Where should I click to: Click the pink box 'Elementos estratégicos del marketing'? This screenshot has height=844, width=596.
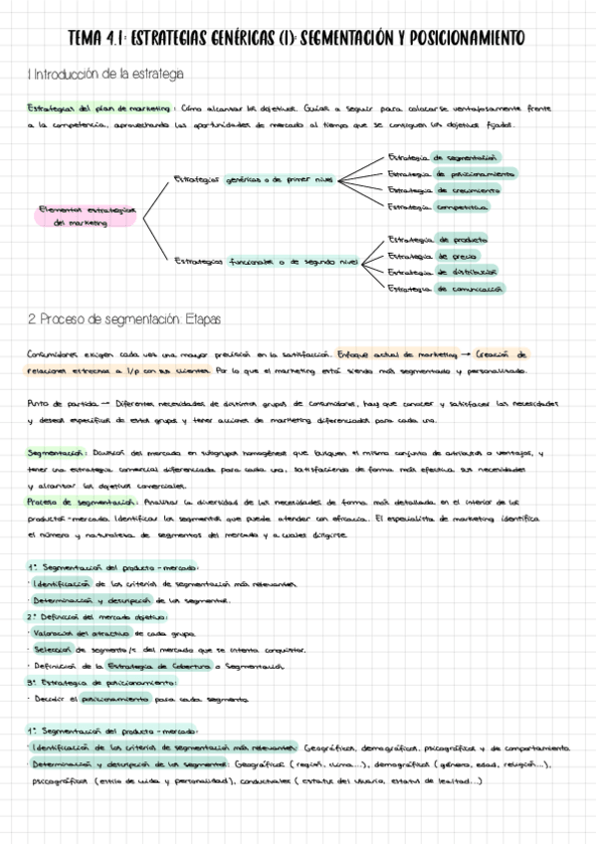pos(85,216)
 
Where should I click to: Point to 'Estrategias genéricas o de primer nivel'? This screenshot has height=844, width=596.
pos(254,180)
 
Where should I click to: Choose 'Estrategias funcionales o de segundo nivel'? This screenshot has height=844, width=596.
pos(265,262)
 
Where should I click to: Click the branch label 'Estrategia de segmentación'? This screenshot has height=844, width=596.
pos(443,157)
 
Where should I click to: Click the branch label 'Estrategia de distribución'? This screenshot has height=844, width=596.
pos(442,272)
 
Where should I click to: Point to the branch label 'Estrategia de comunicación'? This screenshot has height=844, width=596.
pos(445,289)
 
